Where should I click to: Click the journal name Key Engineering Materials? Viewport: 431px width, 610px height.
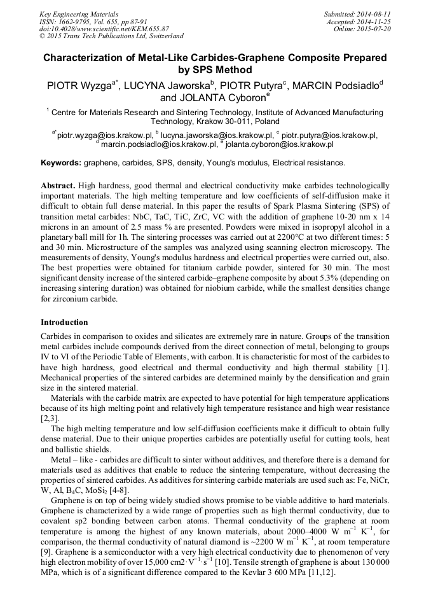(79, 14)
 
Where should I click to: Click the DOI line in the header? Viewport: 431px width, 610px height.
(105, 29)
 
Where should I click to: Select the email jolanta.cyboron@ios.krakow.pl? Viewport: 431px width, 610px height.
(280, 144)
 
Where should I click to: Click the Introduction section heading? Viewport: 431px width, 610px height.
(64, 322)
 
